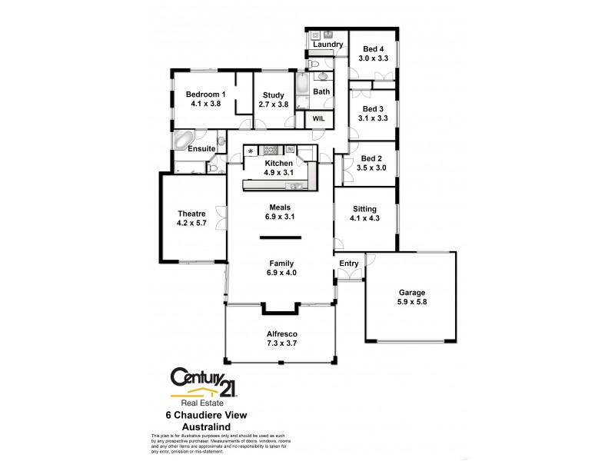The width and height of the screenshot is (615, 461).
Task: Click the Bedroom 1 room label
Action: [x=205, y=95]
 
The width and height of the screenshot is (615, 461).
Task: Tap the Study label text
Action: [x=273, y=95]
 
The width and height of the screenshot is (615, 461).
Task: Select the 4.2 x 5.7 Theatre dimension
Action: [x=192, y=224]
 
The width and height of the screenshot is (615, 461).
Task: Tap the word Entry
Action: [x=349, y=264]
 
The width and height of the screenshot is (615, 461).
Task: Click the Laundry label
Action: [x=327, y=45]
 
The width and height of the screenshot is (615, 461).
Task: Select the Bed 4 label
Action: [x=374, y=49]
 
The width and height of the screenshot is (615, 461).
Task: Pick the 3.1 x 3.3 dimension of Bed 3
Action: [x=374, y=118]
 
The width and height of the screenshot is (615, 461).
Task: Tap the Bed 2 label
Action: [x=374, y=158]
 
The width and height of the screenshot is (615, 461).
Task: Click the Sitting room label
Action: [x=364, y=209]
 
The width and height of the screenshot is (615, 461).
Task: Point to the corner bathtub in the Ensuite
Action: [x=184, y=141]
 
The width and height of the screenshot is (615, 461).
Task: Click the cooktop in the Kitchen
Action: [x=271, y=150]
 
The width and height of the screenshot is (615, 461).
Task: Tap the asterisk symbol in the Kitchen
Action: [x=251, y=151]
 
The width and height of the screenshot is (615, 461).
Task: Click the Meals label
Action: [x=280, y=207]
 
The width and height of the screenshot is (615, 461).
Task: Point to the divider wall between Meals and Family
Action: [x=280, y=239]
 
